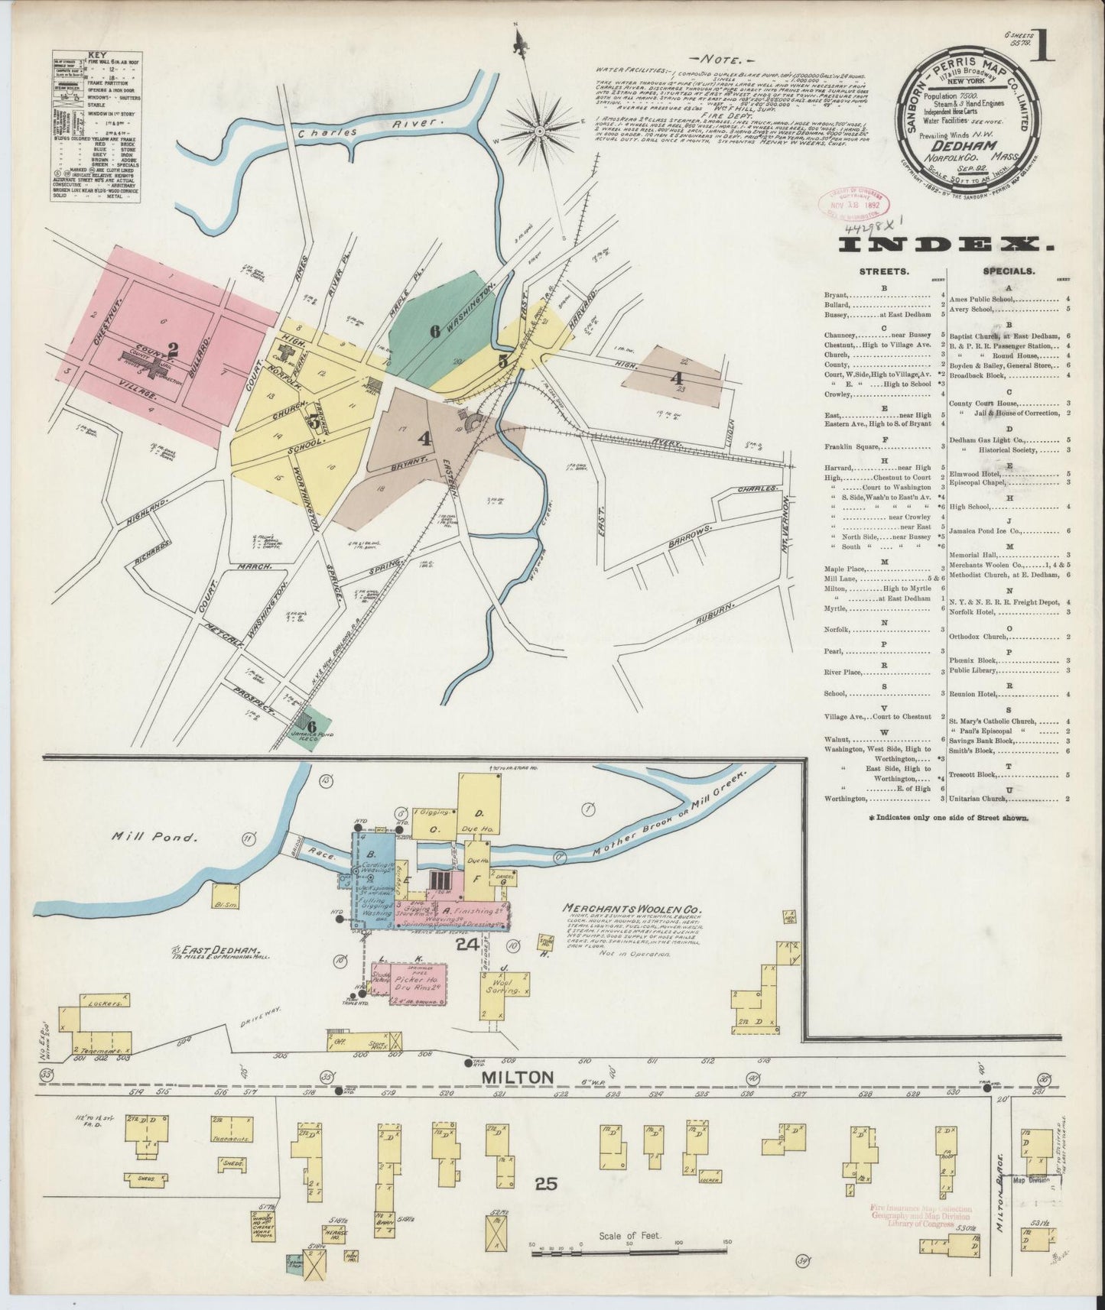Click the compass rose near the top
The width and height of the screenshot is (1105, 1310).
pos(538,131)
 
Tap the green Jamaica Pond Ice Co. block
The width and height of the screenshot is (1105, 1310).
pos(311,727)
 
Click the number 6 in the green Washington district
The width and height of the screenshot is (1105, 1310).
pos(434,332)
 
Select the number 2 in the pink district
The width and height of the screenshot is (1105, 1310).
pos(174,350)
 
